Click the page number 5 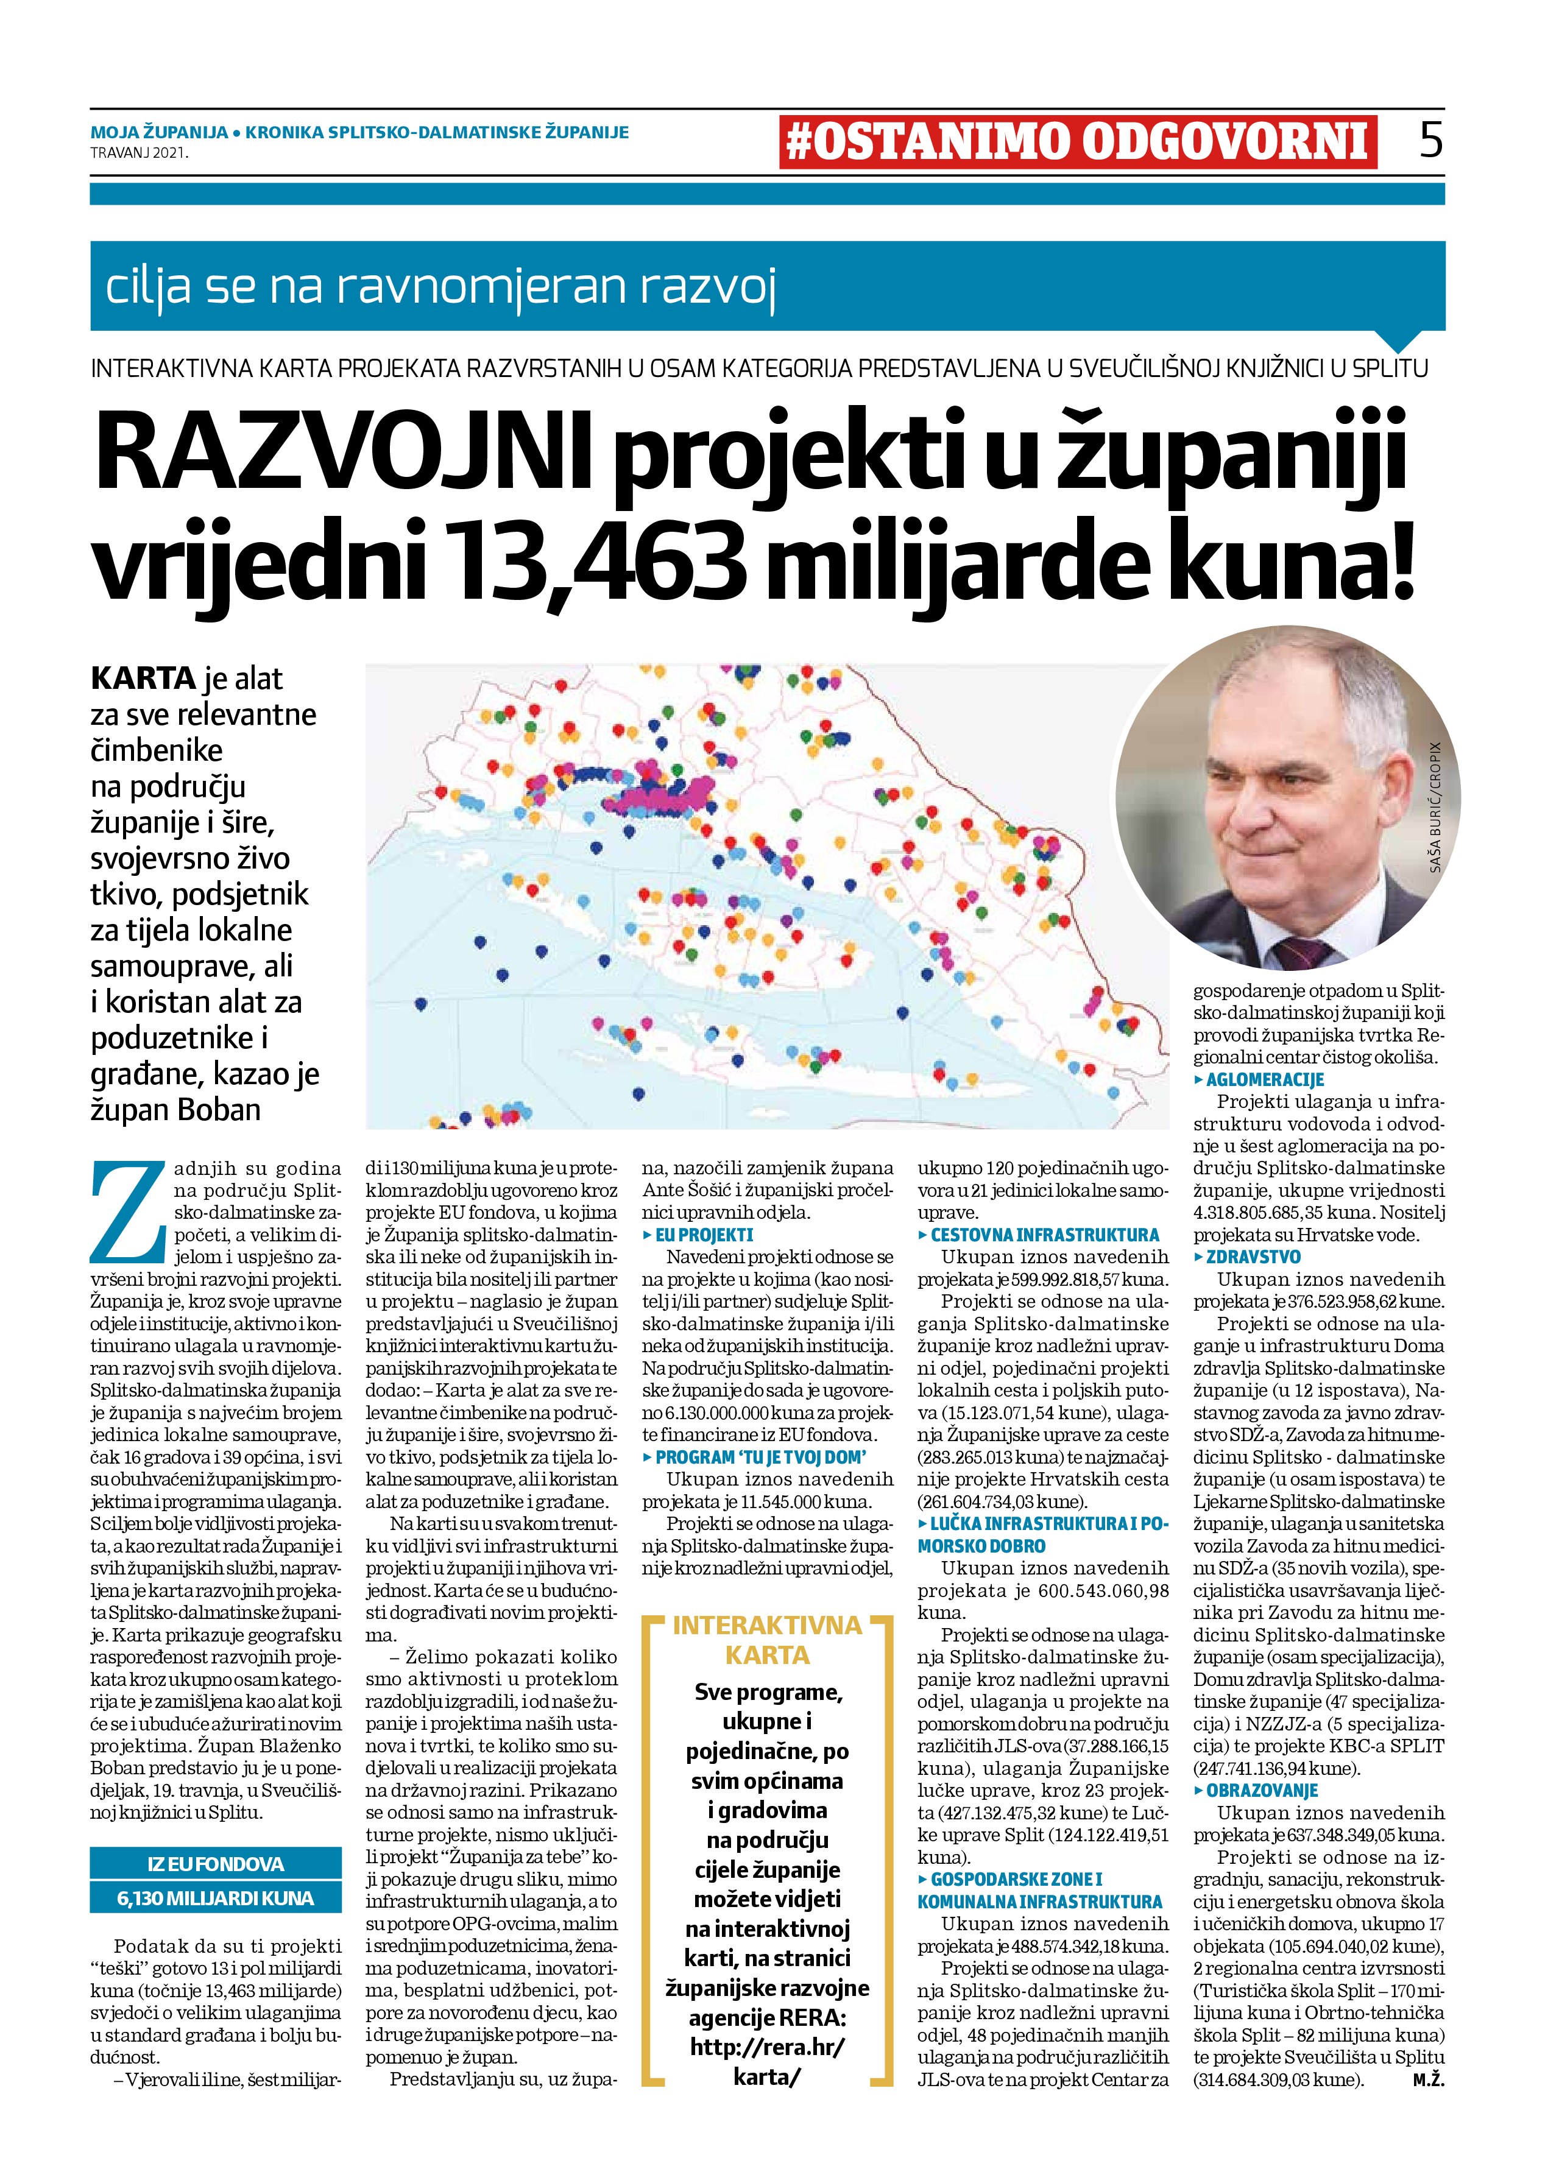pyautogui.click(x=1430, y=140)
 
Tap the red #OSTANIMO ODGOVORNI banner pyautogui.click(x=1077, y=142)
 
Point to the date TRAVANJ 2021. pyautogui.click(x=139, y=151)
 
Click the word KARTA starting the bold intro pyautogui.click(x=143, y=679)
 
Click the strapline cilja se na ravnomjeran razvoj pyautogui.click(x=442, y=286)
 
